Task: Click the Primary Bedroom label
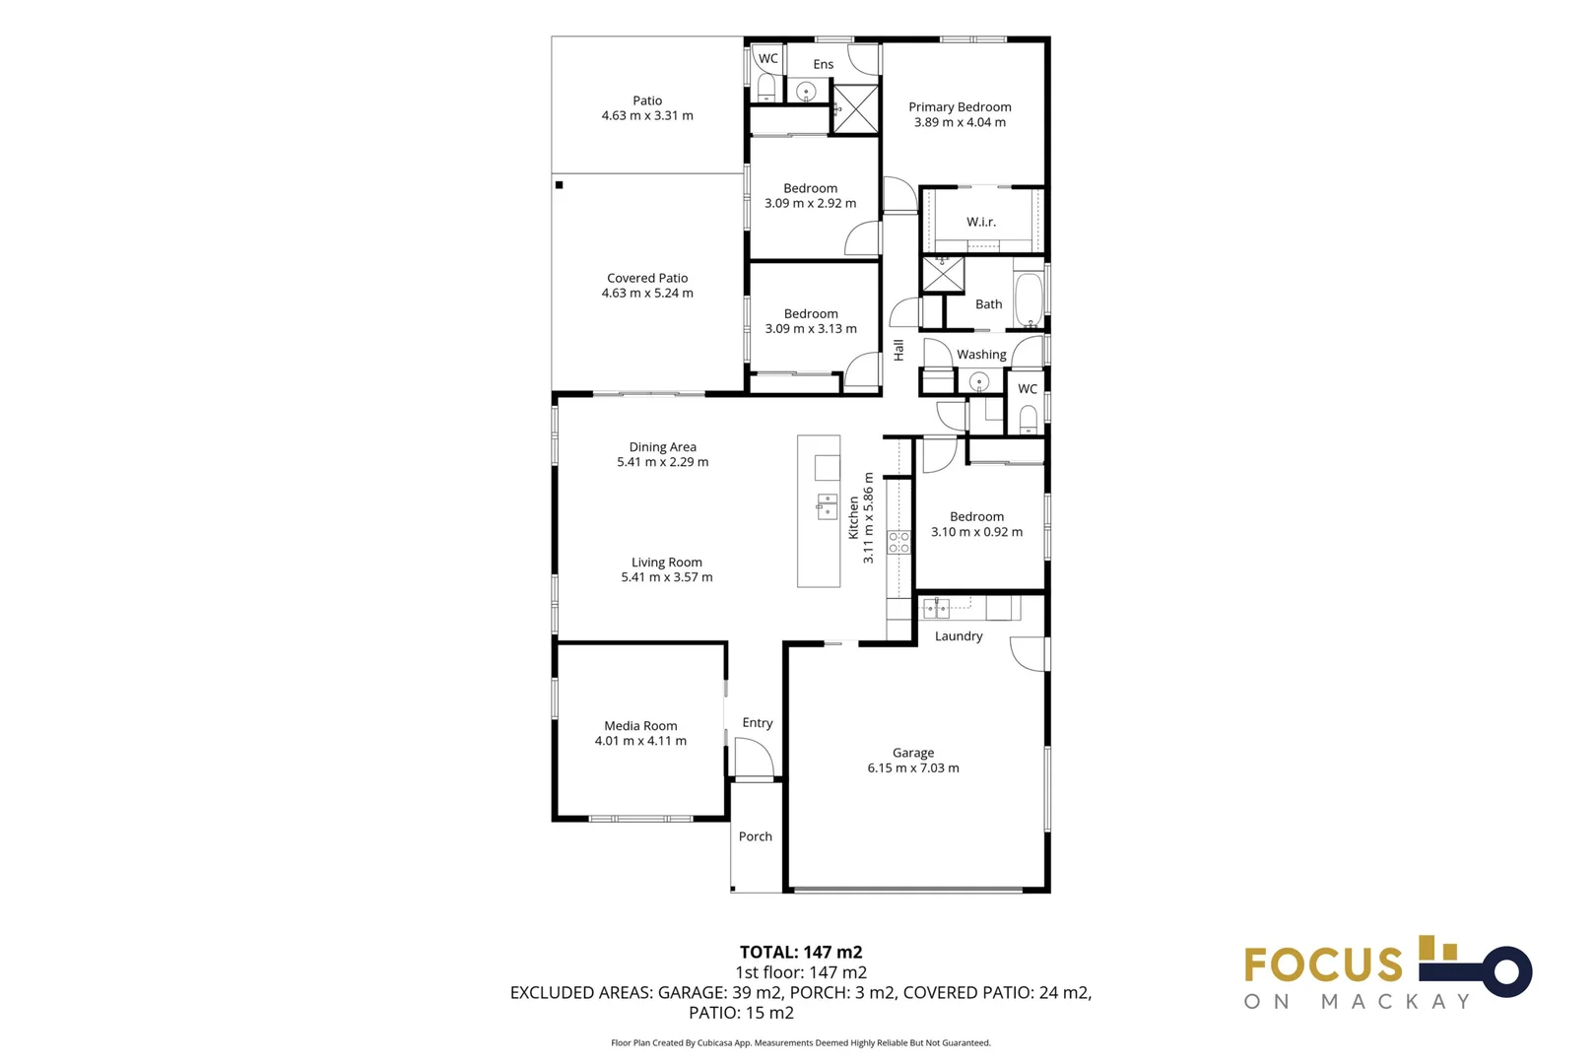959,106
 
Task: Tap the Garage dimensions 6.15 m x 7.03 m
912,768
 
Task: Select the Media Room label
640,726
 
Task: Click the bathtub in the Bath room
1028,299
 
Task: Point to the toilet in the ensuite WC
765,90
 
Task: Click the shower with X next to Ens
855,108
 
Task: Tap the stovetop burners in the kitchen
898,542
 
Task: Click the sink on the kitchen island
827,506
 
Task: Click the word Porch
755,836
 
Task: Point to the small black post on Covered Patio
559,185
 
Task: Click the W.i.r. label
980,223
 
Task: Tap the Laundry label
958,636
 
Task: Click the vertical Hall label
898,350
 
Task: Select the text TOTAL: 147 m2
800,952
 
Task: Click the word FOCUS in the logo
1322,964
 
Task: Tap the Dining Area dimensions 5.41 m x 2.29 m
662,462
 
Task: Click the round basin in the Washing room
978,381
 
